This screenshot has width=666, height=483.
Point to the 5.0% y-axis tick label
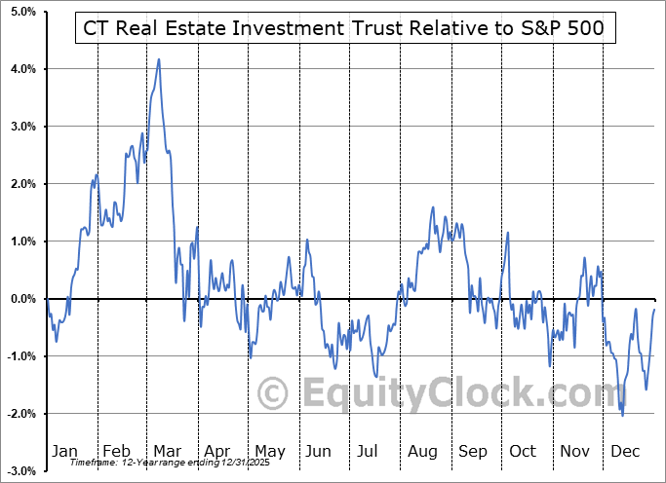(21, 12)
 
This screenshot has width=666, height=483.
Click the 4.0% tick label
(21, 69)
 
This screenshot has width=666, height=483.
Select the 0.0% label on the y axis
(21, 299)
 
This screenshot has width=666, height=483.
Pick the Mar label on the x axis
(167, 451)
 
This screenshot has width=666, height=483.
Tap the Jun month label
(319, 451)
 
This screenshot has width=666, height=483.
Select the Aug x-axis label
(421, 451)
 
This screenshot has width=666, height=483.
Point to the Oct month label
(523, 451)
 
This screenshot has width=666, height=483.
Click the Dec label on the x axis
(625, 451)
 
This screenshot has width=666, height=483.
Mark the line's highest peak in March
(159, 59)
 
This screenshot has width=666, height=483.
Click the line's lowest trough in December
(623, 416)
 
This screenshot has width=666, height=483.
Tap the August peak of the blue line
(432, 207)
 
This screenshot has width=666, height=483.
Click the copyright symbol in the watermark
(272, 394)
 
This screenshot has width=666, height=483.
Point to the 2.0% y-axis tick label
(21, 184)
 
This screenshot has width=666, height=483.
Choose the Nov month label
(574, 451)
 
